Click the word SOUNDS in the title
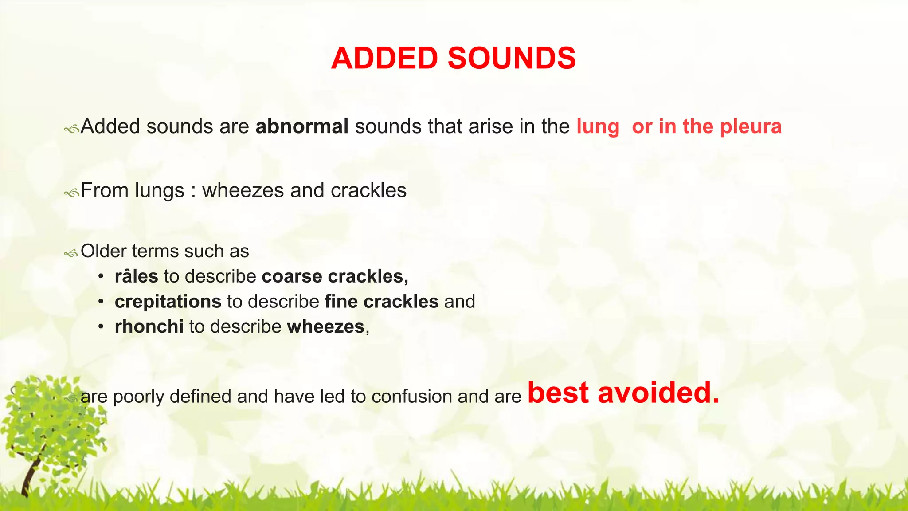pos(512,59)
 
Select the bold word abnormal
pos(302,126)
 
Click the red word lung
pos(598,126)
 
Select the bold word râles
pos(136,276)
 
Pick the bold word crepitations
pos(168,302)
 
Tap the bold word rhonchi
pos(149,327)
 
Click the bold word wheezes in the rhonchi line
pos(326,327)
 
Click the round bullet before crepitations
pos(102,302)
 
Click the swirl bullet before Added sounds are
pos(71,129)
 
